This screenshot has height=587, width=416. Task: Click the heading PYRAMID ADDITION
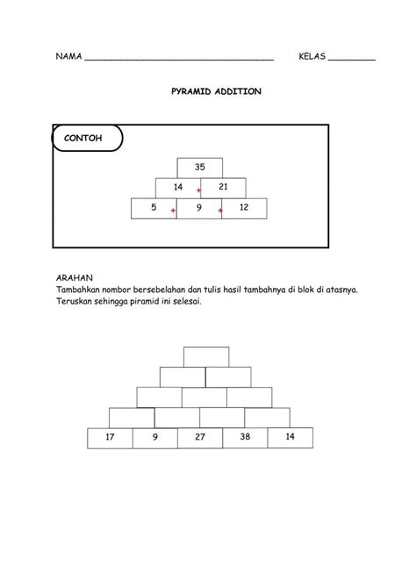point(215,90)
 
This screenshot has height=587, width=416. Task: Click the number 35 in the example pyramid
point(200,167)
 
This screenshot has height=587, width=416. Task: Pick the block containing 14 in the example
point(177,188)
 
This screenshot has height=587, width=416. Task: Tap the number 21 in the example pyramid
point(223,188)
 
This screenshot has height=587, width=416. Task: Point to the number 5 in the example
point(154,208)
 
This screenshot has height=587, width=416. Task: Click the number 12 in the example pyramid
point(244,208)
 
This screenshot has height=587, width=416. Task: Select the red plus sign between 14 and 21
point(200,190)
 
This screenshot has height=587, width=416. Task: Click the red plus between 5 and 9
point(174,211)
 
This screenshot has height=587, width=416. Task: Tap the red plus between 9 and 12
point(220,211)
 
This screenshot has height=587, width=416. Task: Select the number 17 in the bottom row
point(110,437)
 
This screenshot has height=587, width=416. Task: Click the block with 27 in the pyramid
point(200,437)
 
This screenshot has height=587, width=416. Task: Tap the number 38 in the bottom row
point(245,437)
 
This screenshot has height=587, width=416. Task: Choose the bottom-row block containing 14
point(290,436)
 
